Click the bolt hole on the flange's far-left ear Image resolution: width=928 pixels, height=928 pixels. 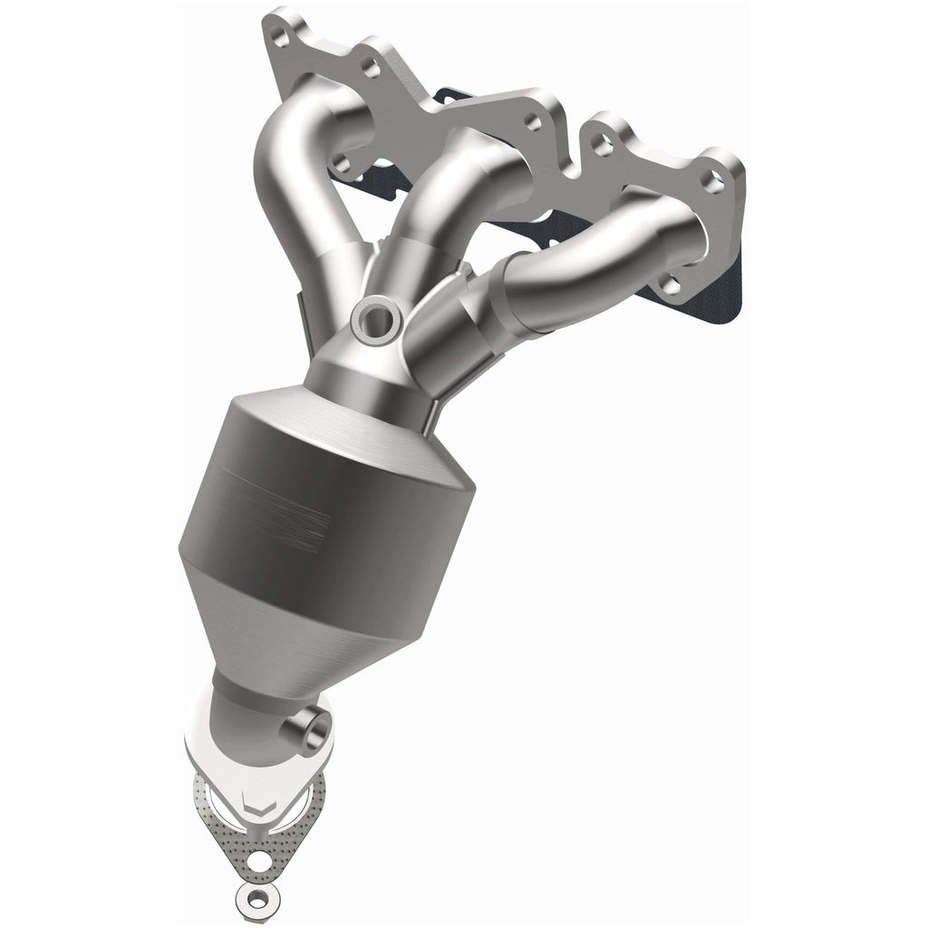279,38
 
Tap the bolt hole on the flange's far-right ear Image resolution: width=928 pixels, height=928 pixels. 713,182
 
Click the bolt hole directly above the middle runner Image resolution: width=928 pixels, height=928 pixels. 534,122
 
